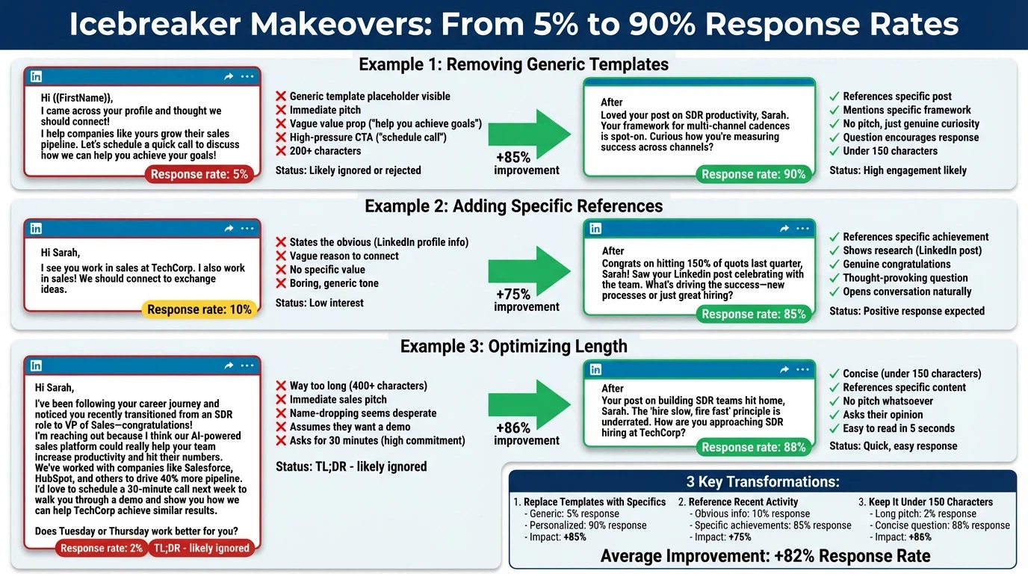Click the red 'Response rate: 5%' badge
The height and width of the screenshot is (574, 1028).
[x=199, y=174]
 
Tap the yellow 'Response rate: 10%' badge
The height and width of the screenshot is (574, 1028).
[x=199, y=309]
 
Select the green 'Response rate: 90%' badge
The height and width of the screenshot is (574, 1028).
[x=753, y=174]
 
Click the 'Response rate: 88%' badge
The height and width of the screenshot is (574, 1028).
[x=753, y=447]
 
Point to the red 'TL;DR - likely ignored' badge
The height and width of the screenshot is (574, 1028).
[x=201, y=548]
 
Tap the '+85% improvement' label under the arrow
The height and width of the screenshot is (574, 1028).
[x=526, y=164]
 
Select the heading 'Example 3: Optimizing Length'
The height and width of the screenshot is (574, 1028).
[x=513, y=346]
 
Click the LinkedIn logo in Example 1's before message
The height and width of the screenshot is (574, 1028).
[x=36, y=76]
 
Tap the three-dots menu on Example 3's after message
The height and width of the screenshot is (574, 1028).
[x=802, y=369]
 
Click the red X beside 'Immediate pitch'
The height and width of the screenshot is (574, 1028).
[x=281, y=110]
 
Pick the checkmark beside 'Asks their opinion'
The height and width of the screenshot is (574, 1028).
[x=835, y=415]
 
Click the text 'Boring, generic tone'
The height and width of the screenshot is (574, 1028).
[x=334, y=283]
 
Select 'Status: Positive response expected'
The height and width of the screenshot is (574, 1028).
[x=907, y=311]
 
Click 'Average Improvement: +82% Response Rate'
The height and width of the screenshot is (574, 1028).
[x=765, y=555]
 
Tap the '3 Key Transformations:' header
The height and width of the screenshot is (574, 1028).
[x=763, y=482]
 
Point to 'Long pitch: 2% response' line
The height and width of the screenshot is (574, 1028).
[x=923, y=513]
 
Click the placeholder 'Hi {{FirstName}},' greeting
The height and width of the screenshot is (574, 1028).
[x=77, y=97]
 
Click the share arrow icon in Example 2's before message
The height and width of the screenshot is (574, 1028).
[x=229, y=229]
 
